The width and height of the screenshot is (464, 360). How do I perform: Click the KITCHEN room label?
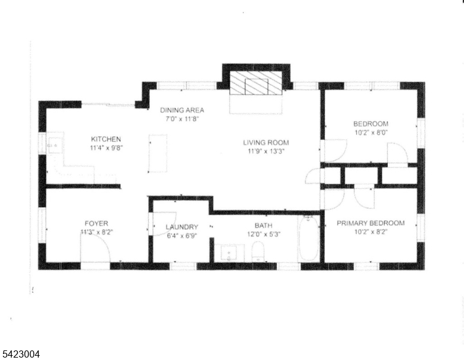coord(106,139)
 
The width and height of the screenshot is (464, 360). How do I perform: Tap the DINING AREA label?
coord(182,110)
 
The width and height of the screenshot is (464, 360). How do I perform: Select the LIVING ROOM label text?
coord(266,143)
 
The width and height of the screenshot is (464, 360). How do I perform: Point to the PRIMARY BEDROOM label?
coord(370,223)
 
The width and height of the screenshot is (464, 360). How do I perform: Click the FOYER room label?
coord(96,223)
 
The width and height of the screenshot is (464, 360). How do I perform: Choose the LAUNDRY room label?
coord(182,227)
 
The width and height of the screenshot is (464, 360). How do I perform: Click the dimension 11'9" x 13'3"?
coord(266,152)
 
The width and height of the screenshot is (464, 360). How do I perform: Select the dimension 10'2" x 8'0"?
coord(370,133)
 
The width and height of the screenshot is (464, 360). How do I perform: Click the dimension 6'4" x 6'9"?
coord(182,235)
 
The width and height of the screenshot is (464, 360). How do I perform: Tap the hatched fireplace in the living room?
coord(257,83)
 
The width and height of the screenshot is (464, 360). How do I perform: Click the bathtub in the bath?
coord(309,239)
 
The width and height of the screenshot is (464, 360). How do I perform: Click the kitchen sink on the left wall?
coord(53,145)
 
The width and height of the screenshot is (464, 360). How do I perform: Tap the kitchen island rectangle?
coord(158,153)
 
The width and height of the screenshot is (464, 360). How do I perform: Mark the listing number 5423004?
coord(20,355)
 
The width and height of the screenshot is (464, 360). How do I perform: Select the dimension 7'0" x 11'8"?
coord(182,119)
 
